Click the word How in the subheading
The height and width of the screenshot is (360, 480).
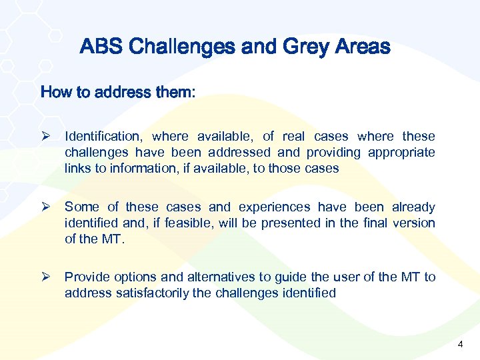coord(55,92)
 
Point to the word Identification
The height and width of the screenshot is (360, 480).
coord(104,137)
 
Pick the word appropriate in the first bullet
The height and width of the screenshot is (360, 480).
coord(401,153)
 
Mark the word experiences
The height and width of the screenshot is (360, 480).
coord(274,207)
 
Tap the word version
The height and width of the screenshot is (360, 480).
coord(414,223)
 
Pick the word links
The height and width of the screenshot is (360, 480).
coord(78,169)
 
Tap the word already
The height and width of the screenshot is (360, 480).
coord(413,207)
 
